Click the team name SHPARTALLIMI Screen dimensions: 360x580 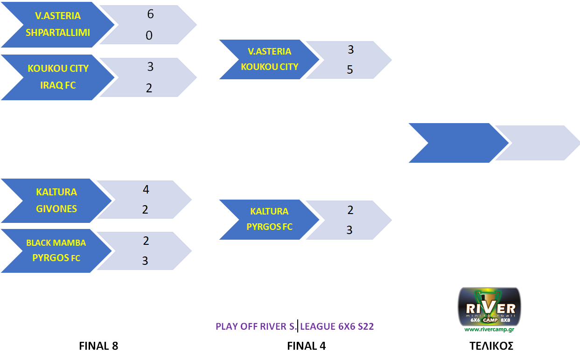pos(58,33)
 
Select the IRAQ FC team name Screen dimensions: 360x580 pos(58,85)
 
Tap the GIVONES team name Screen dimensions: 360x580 pos(56,209)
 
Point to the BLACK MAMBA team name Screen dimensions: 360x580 pos(56,243)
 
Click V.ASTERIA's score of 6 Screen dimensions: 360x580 pos(150,14)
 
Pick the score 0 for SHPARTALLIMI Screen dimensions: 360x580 pos(149,35)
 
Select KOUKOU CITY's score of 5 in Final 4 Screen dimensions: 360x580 pos(350,70)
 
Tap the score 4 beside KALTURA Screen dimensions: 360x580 pos(146,190)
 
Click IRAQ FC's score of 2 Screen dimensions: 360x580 pos(149,88)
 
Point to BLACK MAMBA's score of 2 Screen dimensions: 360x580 pos(146,241)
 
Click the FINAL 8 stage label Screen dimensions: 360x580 pos(98,346)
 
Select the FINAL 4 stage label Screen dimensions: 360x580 pos(306,346)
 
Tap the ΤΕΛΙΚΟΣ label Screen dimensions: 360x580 pos(491,346)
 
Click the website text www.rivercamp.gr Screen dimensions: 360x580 pos(489,329)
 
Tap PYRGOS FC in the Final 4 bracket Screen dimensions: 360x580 pos(270,227)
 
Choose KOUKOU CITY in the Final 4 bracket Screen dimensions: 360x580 pos(270,67)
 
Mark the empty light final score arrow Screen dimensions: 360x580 pos(537,143)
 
